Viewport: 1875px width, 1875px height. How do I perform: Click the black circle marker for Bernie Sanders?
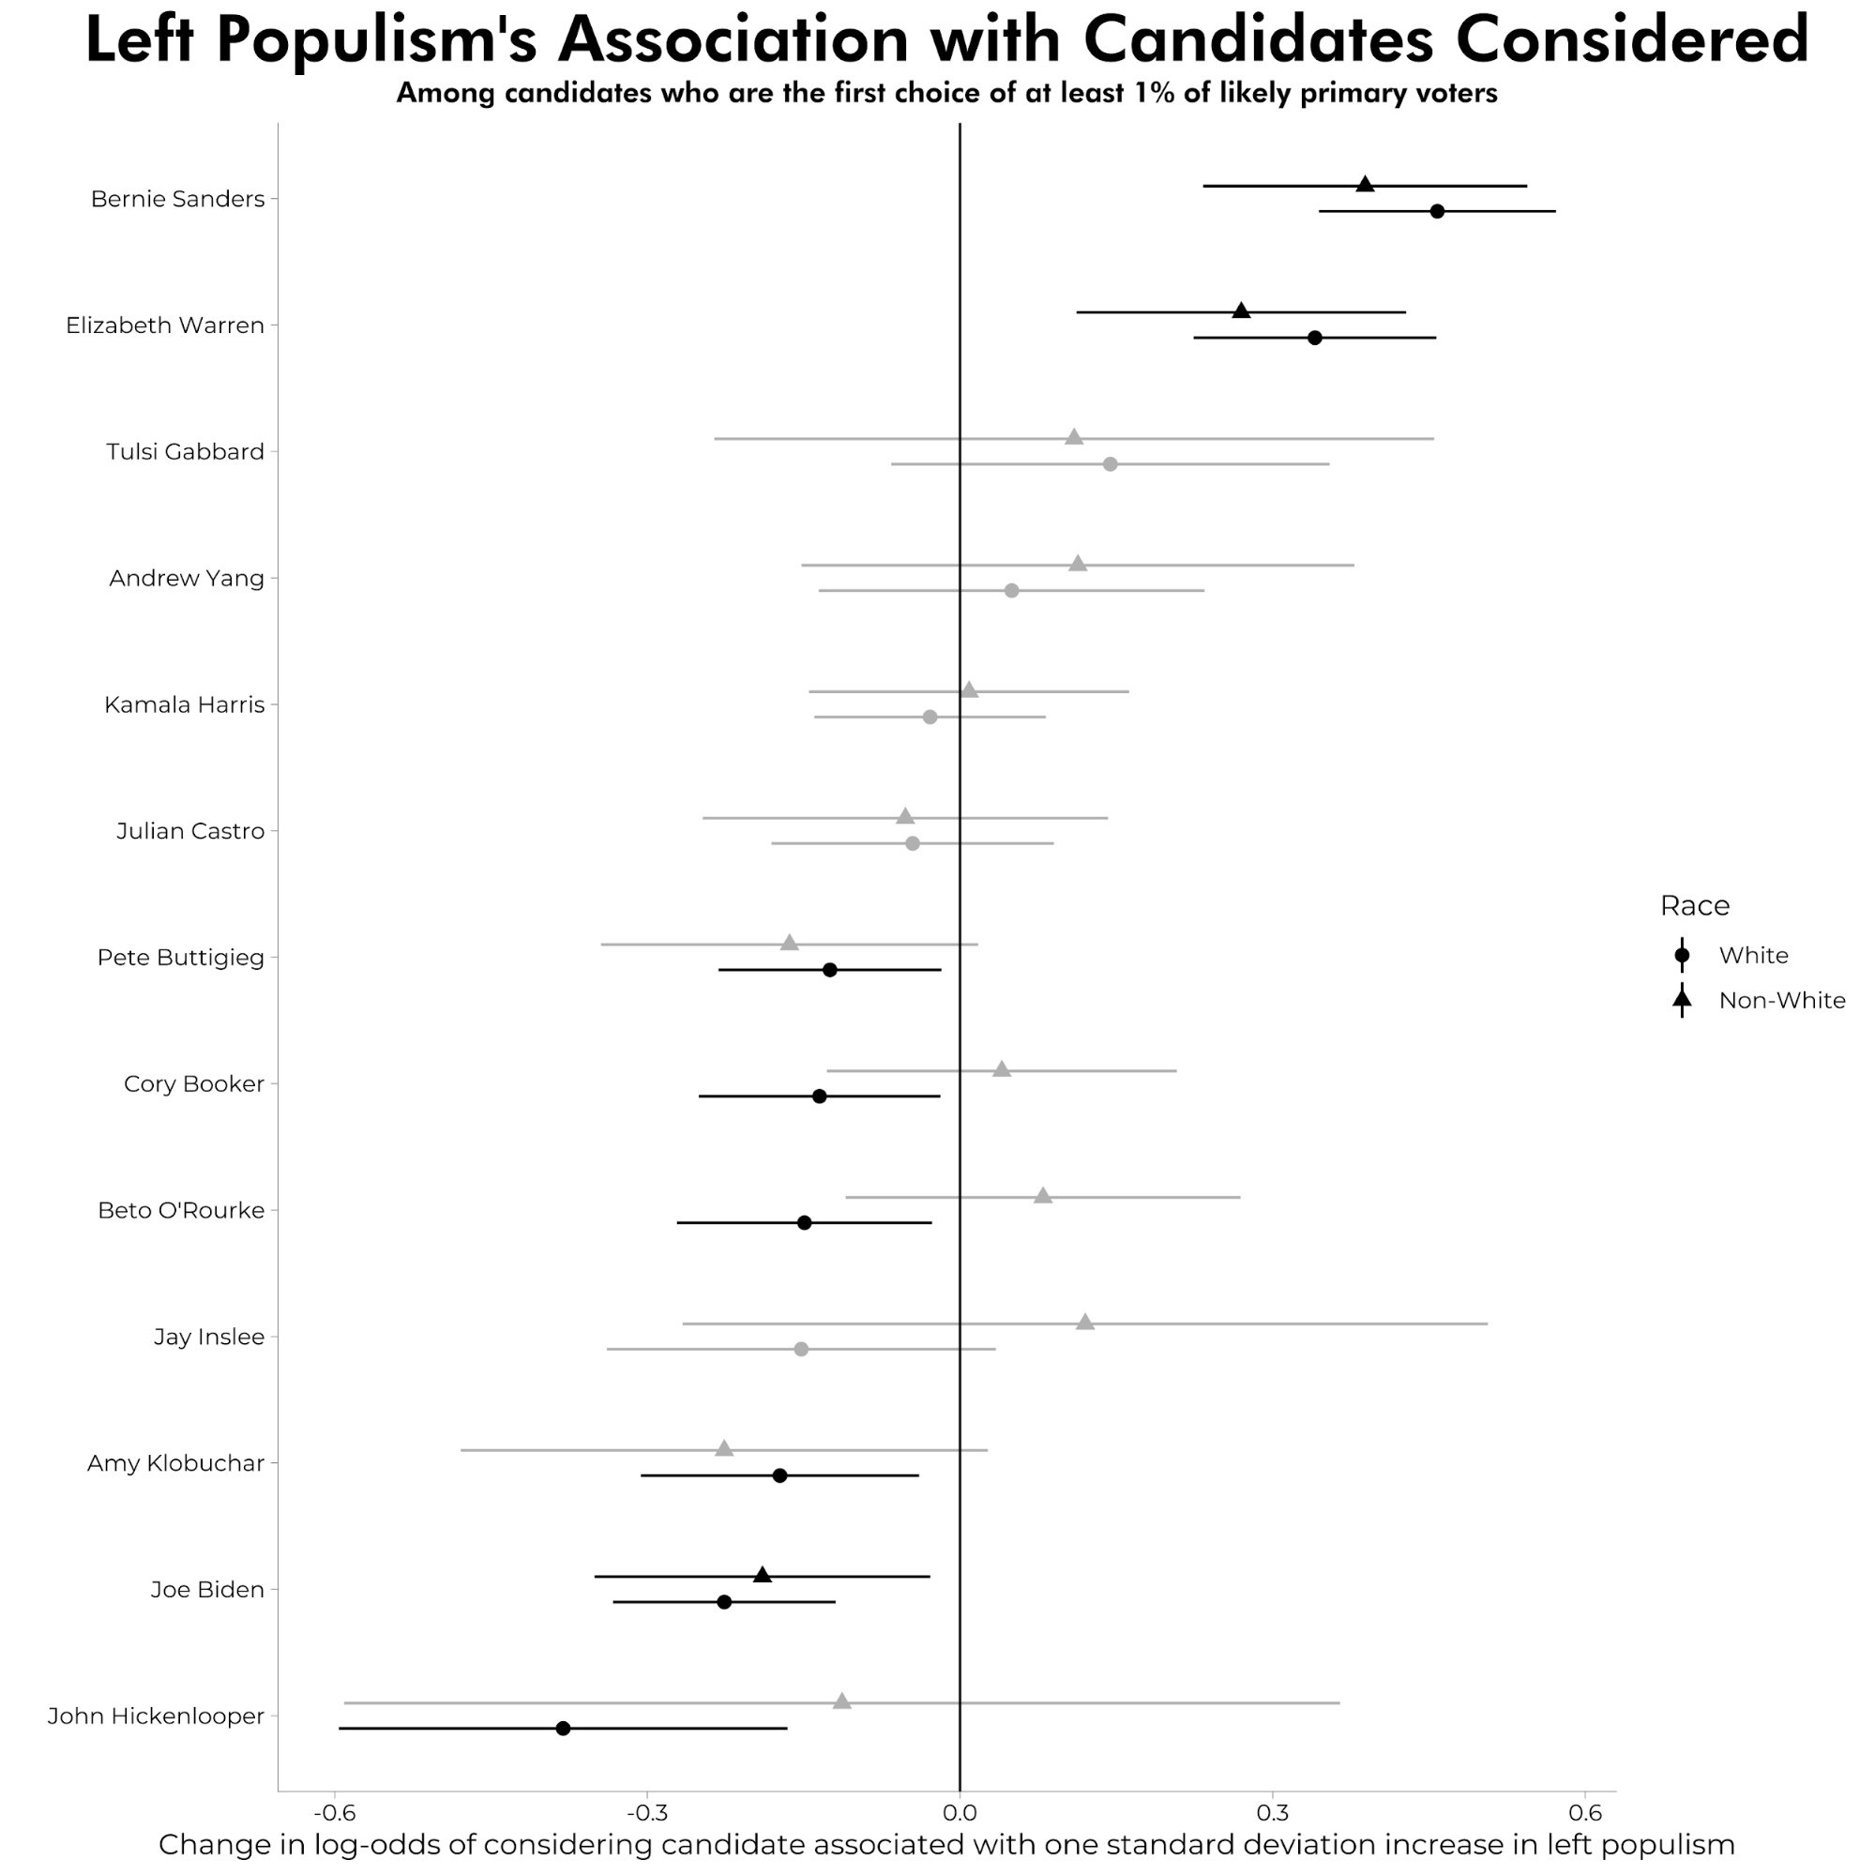point(1436,212)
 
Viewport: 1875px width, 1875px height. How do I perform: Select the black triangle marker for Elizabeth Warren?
point(1240,310)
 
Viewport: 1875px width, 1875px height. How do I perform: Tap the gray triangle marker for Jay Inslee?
point(1085,1323)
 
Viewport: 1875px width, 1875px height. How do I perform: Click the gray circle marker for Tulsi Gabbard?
point(1111,464)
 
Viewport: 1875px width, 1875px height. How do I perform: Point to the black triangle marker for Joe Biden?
point(762,1575)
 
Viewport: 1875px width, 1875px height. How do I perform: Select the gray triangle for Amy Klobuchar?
point(724,1449)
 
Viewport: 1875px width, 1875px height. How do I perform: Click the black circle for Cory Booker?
point(819,1096)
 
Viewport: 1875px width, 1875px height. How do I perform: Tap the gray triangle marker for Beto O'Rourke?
point(1042,1196)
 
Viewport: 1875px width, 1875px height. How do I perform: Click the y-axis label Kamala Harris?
point(185,704)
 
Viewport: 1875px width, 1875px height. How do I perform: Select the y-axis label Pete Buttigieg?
point(180,958)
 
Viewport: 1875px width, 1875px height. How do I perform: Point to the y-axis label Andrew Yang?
point(187,579)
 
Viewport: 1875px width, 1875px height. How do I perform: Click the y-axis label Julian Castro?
point(190,831)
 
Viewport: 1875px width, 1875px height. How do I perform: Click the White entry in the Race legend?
point(1753,955)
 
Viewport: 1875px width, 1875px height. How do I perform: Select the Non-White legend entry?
point(1781,1001)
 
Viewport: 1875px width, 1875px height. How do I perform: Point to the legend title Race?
point(1695,905)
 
